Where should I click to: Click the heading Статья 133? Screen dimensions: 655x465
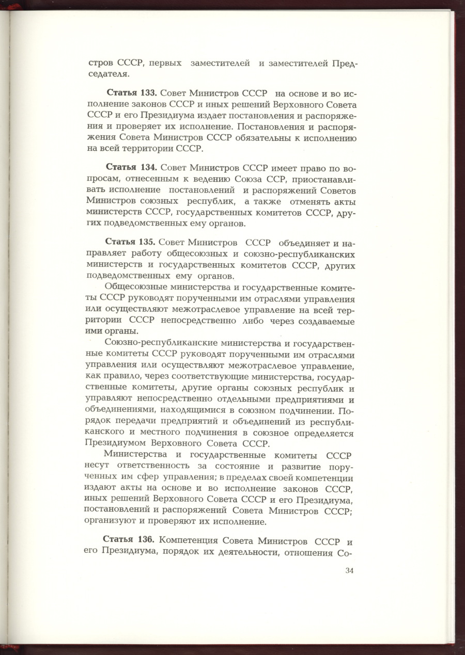132,93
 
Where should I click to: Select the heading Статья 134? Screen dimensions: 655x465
131,168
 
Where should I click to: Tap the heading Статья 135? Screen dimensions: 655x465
131,242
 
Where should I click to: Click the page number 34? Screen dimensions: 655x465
349,570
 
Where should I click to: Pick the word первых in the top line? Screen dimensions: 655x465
165,63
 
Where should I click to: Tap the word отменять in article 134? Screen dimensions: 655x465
303,202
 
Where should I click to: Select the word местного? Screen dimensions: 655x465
165,433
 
